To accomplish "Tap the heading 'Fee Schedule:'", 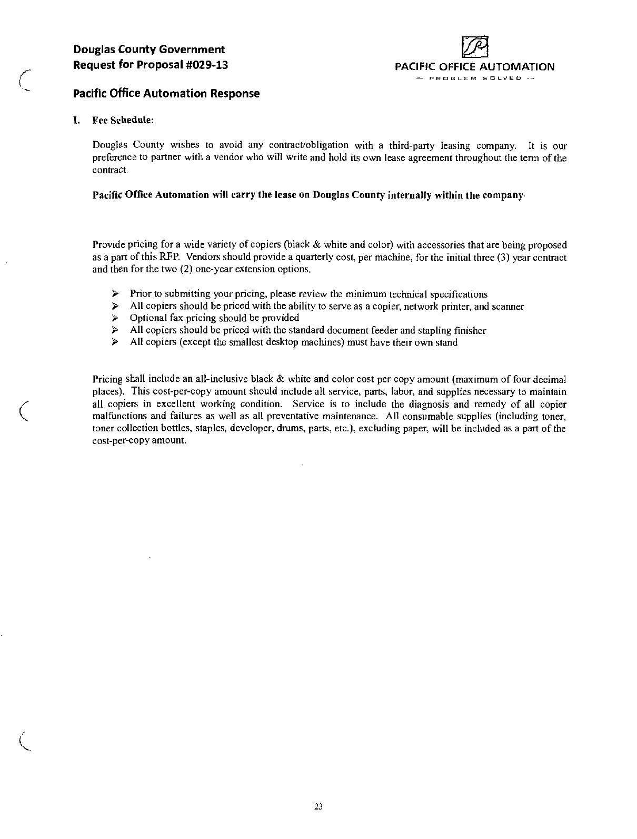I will click(x=123, y=120).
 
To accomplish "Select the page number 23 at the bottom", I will click(x=318, y=806).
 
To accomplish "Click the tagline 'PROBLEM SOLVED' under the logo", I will click(x=475, y=79).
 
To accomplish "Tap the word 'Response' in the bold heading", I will click(x=235, y=94).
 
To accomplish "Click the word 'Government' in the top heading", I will click(x=193, y=50).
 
